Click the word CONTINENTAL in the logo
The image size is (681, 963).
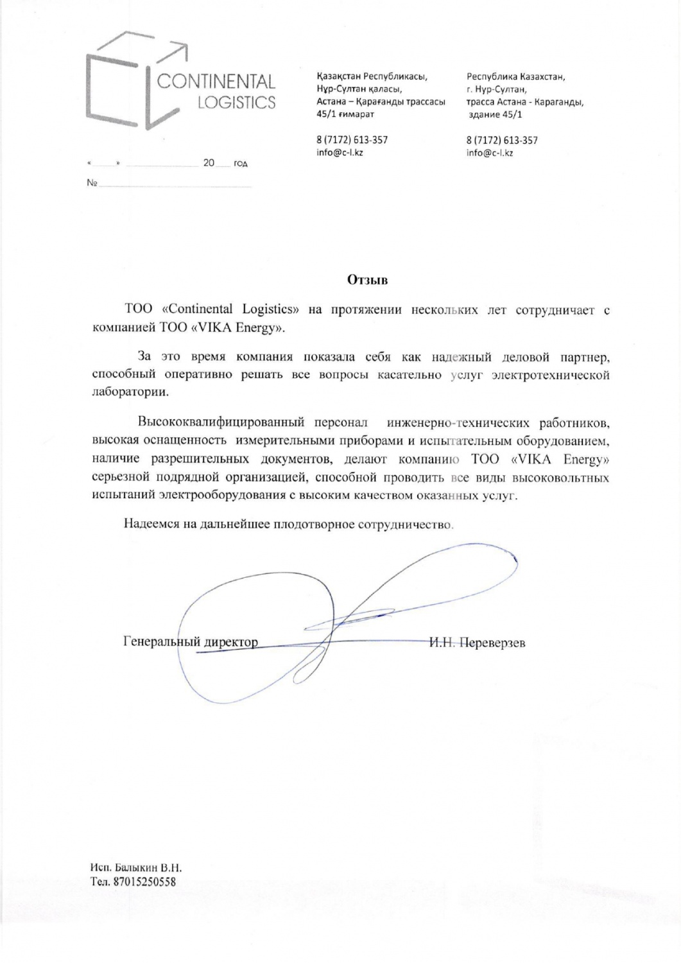216,82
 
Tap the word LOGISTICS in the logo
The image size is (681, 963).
236,103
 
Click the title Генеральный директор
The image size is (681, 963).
190,642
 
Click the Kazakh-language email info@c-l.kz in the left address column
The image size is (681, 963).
340,152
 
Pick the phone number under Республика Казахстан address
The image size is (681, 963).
502,140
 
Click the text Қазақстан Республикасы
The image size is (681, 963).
372,76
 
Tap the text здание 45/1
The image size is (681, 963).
495,114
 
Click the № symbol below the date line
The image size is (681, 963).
91,184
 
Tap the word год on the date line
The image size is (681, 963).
240,164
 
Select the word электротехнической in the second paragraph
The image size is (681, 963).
550,375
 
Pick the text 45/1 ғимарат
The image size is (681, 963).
345,114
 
